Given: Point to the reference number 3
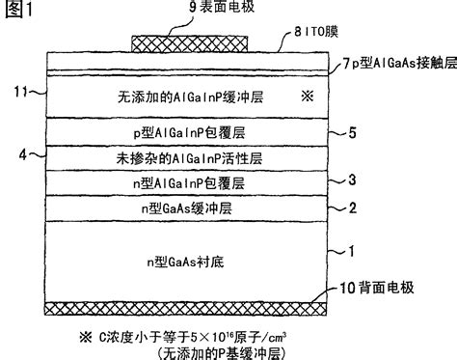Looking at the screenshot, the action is tap(353, 180).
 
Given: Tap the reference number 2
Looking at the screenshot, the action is tap(353, 207).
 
